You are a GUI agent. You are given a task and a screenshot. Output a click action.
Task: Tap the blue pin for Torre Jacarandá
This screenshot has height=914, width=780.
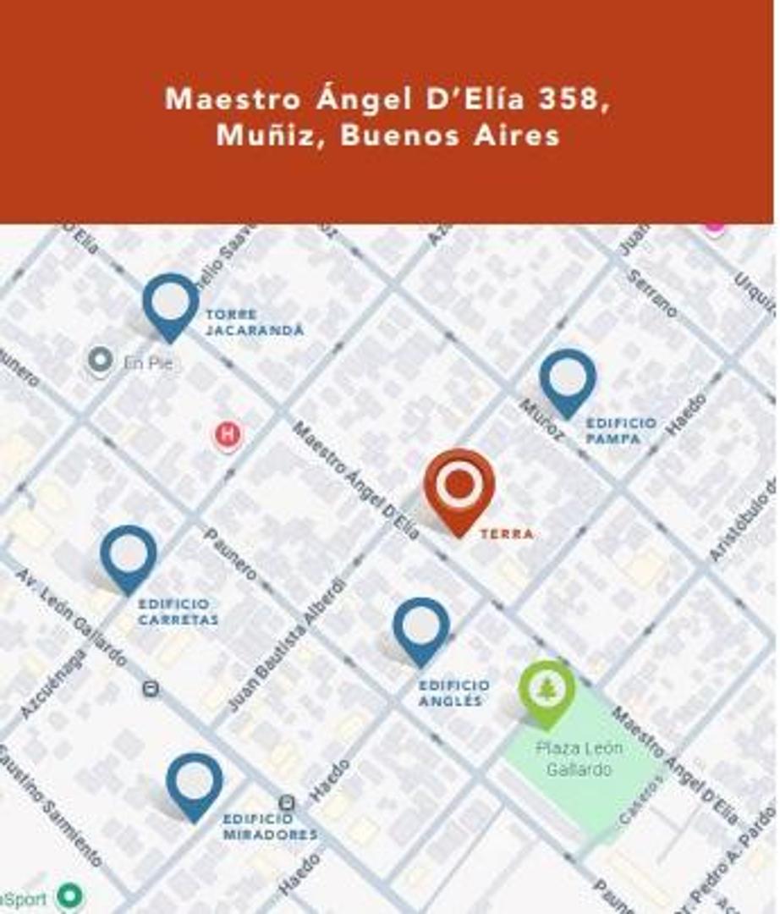coord(170,303)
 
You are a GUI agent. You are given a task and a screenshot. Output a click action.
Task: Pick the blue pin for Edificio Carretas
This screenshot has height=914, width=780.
coord(128,555)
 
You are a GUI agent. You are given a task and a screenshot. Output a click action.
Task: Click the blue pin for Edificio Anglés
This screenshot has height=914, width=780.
coord(420,628)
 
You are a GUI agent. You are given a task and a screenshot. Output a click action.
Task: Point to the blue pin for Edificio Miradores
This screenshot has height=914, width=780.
coord(194,784)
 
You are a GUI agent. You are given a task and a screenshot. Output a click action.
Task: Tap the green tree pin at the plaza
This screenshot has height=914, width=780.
coord(547,691)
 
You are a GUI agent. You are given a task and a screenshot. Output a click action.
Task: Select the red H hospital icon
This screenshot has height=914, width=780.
coord(227,435)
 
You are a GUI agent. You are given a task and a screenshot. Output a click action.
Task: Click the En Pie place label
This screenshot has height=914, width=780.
coord(148,363)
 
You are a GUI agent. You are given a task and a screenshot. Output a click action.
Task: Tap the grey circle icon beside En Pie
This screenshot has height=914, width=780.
coord(100,361)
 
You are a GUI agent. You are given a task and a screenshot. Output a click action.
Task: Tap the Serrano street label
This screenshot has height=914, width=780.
coord(651,293)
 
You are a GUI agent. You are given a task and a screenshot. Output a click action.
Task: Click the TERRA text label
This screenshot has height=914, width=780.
coord(506,534)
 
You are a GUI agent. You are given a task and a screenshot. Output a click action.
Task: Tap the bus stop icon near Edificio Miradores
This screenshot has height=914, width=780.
coord(287,802)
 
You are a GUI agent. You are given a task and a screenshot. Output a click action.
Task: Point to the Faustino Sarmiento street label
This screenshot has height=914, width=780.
coord(51,804)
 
